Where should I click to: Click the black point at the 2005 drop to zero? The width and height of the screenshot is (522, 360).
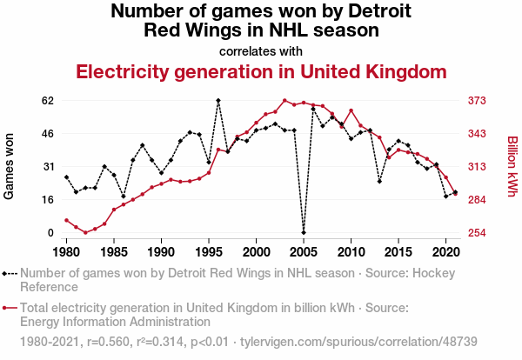(x=304, y=233)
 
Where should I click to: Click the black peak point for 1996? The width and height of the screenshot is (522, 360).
(x=218, y=100)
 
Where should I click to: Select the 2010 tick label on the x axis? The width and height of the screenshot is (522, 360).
(x=351, y=252)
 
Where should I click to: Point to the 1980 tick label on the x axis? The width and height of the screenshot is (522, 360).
(x=66, y=252)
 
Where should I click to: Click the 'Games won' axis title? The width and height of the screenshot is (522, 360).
(x=10, y=166)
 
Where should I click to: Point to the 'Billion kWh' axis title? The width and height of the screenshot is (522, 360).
(x=512, y=166)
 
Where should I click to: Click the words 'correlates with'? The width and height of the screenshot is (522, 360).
(x=261, y=50)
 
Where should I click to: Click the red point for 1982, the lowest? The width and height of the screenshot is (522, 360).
(x=85, y=233)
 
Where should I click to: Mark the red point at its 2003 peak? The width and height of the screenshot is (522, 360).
(x=284, y=100)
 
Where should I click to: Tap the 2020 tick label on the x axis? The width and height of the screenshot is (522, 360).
(x=445, y=252)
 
